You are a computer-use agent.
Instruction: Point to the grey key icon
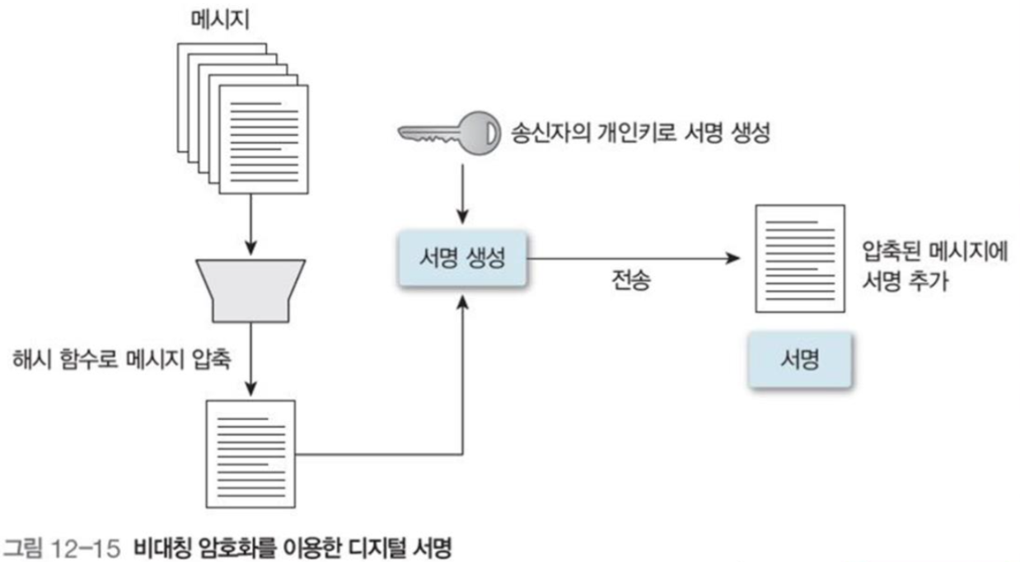(449, 133)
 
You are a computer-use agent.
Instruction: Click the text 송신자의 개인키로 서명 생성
(638, 133)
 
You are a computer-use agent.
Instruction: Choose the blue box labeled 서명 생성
(463, 258)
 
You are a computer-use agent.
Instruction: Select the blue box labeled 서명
(798, 361)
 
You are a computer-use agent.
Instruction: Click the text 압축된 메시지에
(935, 251)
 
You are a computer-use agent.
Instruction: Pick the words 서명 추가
(905, 282)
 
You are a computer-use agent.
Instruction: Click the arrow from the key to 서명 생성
(464, 194)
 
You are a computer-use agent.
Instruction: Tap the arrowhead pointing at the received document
(732, 259)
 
